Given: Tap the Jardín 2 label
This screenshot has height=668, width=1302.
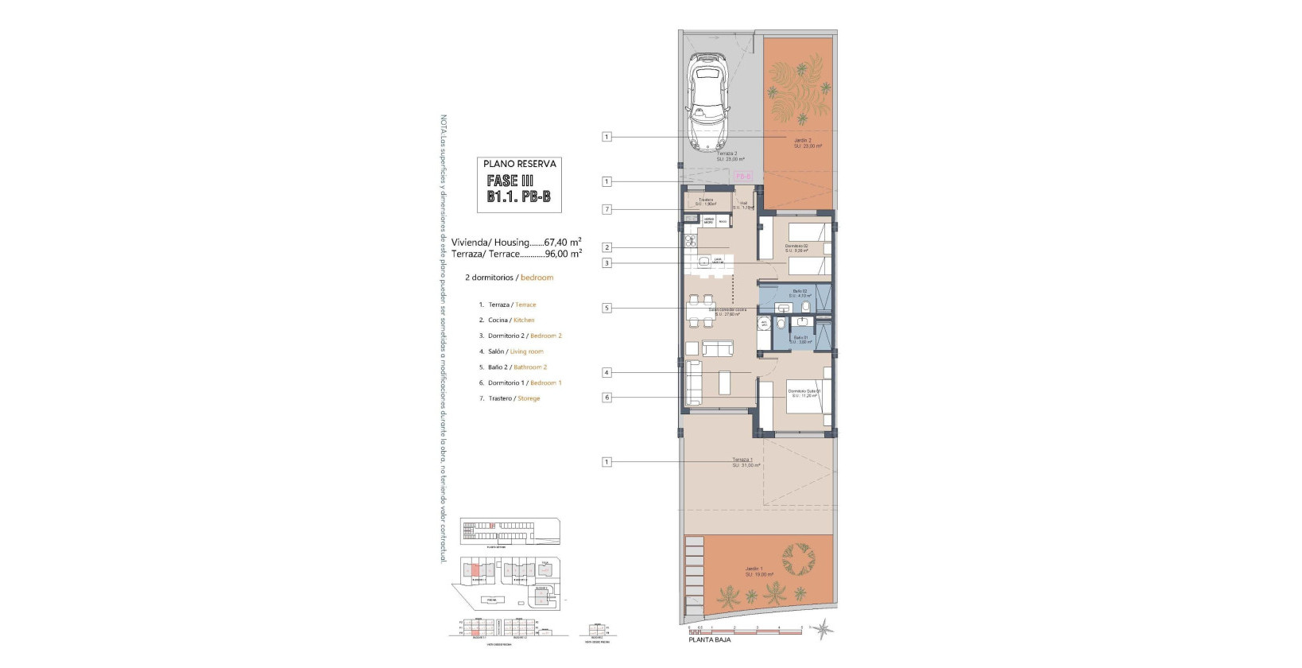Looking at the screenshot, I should (x=803, y=140).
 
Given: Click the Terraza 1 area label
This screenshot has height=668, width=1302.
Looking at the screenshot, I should (x=742, y=460).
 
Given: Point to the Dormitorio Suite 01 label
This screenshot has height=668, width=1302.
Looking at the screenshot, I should (x=804, y=391).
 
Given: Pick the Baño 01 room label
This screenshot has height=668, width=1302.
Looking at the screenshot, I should (x=800, y=337).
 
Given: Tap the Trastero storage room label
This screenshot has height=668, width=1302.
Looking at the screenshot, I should (x=706, y=200).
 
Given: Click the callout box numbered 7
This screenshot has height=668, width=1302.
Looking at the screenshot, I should (x=606, y=210).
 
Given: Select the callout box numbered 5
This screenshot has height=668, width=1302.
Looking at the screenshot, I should (x=606, y=308).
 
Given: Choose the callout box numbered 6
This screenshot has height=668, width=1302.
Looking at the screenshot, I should (x=606, y=398).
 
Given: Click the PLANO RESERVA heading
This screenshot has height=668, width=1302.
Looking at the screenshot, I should (x=520, y=164).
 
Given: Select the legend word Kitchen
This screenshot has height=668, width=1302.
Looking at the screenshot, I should (x=524, y=320).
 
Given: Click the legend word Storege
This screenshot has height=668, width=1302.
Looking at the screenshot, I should (x=529, y=398).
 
